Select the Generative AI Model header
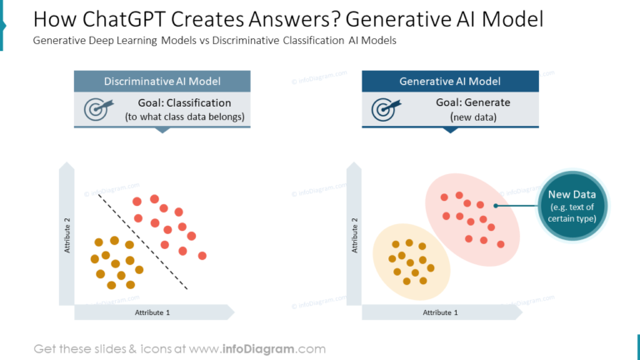450,81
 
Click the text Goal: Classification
184,103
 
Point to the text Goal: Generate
472,102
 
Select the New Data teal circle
572,206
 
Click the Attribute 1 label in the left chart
152,312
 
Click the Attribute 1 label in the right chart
440,312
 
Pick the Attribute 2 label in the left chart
67,237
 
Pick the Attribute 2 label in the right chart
356,237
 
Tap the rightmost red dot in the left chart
202,255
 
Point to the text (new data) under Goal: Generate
472,117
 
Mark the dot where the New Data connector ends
496,205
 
